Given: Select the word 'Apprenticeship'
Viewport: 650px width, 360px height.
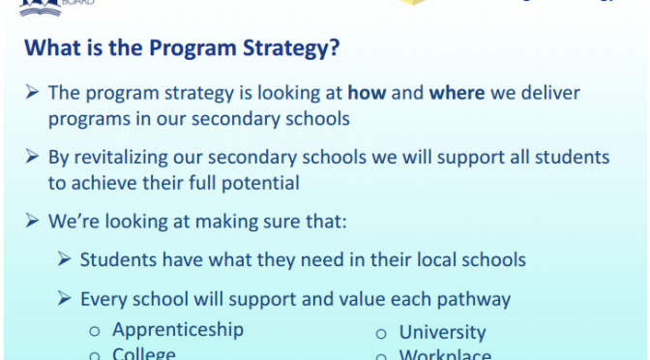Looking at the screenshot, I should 178,329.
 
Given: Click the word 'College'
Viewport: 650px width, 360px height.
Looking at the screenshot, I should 144,354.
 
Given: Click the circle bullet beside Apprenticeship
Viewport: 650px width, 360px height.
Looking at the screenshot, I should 95,331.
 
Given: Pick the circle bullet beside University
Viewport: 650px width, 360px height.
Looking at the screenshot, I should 381,334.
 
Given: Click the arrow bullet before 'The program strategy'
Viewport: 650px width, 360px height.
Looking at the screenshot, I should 31,93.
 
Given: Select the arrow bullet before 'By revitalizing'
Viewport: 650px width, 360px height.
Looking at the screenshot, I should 31,157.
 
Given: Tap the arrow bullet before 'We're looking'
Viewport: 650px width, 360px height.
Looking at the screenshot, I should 31,221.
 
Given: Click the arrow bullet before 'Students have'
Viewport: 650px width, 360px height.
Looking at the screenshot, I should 64,259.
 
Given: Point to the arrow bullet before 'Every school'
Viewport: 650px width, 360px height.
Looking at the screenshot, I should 64,299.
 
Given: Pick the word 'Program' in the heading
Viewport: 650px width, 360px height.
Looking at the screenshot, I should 186,47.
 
